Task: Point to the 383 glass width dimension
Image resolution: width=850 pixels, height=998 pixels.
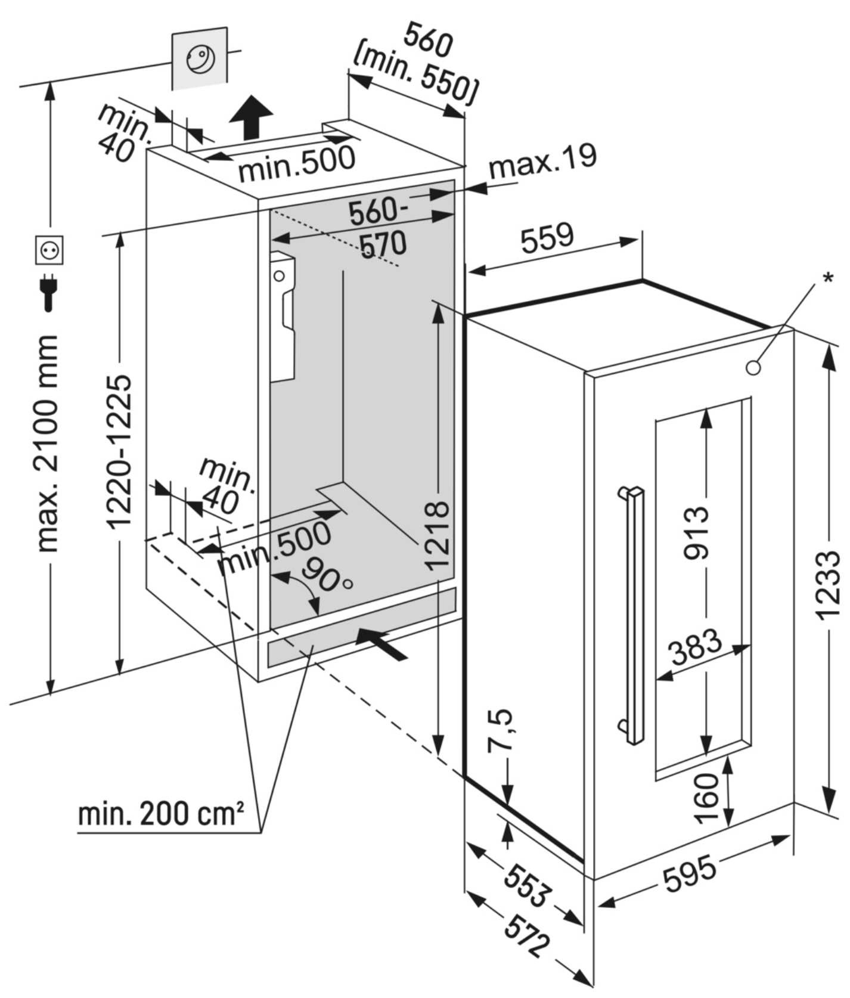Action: (695, 648)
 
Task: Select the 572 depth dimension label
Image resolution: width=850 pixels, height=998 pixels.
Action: (526, 935)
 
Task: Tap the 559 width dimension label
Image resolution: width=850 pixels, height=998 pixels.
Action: (547, 238)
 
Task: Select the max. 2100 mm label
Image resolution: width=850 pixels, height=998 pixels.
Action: (47, 444)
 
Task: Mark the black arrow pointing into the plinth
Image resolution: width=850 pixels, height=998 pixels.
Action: (381, 643)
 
